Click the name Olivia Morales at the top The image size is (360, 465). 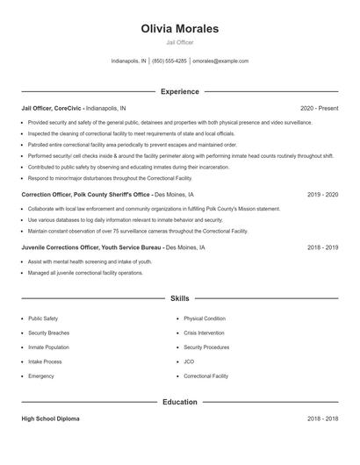tap(179, 29)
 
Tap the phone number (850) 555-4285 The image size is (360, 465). tap(169, 61)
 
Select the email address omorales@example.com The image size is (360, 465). tap(220, 61)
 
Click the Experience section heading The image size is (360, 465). tap(179, 91)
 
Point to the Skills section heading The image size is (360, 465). tap(179, 299)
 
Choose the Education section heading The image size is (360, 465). tap(179, 402)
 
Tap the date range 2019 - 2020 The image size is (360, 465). tap(322, 193)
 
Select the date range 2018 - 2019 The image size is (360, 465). tap(322, 247)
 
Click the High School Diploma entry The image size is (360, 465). tap(50, 419)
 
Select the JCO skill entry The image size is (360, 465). tap(189, 361)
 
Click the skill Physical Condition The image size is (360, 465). tap(205, 318)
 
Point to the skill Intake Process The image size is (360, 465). tap(46, 361)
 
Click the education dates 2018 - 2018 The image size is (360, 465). tap(322, 419)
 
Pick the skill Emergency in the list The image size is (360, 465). tap(41, 376)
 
